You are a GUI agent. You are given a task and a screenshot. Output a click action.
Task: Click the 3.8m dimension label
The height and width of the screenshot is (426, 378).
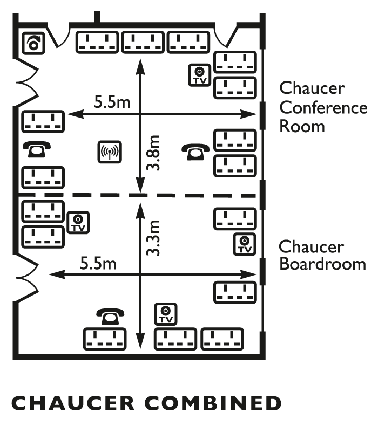pyautogui.click(x=153, y=153)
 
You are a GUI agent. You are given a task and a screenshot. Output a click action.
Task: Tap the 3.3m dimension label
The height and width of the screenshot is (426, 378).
pyautogui.click(x=153, y=238)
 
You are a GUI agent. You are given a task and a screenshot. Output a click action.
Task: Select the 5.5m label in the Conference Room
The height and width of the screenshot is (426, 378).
pyautogui.click(x=112, y=101)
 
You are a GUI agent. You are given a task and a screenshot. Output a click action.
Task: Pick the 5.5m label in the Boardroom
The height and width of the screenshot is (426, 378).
pyautogui.click(x=98, y=263)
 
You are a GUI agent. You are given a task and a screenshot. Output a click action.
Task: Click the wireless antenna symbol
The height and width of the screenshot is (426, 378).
pyautogui.click(x=110, y=152)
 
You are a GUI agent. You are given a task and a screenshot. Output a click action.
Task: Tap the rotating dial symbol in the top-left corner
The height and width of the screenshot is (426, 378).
pyautogui.click(x=33, y=44)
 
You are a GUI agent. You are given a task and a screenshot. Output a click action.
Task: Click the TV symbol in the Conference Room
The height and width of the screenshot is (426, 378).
pyautogui.click(x=199, y=75)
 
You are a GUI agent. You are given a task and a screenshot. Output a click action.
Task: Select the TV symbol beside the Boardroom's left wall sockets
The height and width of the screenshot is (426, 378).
pyautogui.click(x=78, y=223)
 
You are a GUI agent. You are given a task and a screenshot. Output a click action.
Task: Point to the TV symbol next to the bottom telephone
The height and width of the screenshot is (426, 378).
pyautogui.click(x=166, y=314)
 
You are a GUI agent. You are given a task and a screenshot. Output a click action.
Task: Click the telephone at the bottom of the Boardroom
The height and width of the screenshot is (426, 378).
pyautogui.click(x=110, y=317)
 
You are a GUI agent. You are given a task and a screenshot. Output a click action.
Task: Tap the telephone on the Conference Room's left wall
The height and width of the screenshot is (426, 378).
pyautogui.click(x=37, y=149)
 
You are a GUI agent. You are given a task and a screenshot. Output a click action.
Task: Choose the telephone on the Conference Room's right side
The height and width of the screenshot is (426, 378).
pyautogui.click(x=195, y=152)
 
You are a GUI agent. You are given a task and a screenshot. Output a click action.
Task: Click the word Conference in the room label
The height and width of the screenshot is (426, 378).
pyautogui.click(x=323, y=108)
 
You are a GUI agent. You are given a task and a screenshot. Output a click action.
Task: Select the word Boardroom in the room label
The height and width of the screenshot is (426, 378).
pyautogui.click(x=323, y=264)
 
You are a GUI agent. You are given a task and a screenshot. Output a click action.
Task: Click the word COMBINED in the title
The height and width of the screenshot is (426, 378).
pyautogui.click(x=213, y=403)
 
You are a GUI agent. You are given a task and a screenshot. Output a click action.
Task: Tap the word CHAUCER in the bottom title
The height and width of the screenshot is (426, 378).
pyautogui.click(x=73, y=403)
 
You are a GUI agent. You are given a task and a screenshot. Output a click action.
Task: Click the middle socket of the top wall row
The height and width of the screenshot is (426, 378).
pyautogui.click(x=143, y=42)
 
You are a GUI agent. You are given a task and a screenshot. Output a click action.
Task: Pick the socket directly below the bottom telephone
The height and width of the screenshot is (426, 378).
pyautogui.click(x=105, y=339)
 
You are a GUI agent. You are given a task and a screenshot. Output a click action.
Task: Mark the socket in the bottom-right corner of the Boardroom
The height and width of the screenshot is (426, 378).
pyautogui.click(x=222, y=339)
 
